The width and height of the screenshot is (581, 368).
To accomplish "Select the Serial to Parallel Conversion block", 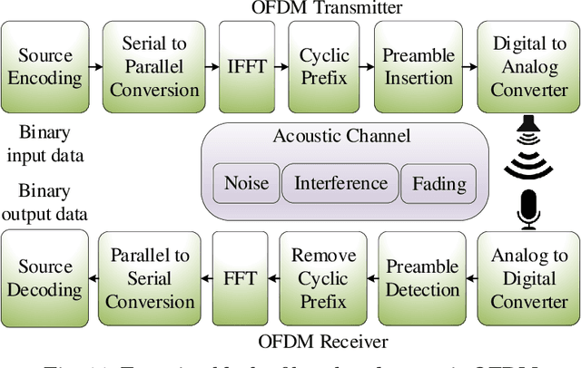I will click(x=150, y=66).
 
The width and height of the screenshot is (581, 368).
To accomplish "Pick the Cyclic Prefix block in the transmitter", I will click(x=324, y=66).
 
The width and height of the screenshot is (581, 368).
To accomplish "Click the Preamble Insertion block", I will click(x=419, y=66).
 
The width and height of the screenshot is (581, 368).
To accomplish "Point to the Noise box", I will click(x=246, y=184).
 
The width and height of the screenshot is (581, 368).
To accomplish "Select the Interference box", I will click(x=340, y=184).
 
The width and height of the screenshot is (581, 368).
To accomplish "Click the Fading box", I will click(x=438, y=184).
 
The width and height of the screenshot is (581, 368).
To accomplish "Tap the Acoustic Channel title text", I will click(x=341, y=137).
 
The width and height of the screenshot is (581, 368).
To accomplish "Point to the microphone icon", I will click(x=528, y=208).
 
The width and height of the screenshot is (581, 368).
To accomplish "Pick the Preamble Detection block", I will click(x=422, y=278).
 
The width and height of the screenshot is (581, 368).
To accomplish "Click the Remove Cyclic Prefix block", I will click(x=324, y=278).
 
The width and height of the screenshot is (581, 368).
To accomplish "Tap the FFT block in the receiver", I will click(x=241, y=278).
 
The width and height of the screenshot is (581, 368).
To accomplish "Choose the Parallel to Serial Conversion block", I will click(x=150, y=278).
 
